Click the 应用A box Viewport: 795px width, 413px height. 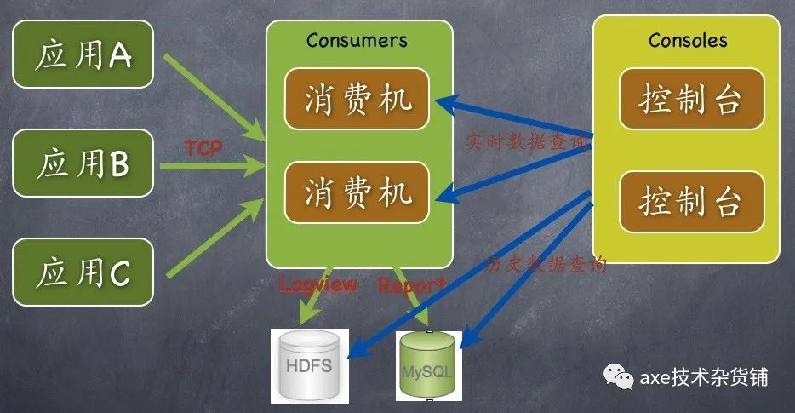pyautogui.click(x=83, y=57)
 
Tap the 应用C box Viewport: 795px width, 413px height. pyautogui.click(x=83, y=272)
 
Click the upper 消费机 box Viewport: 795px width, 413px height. pyautogui.click(x=357, y=100)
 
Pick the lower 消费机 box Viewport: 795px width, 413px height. pyautogui.click(x=357, y=193)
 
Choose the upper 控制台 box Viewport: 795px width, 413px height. pyautogui.click(x=690, y=100)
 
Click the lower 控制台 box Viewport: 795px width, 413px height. pyautogui.click(x=690, y=203)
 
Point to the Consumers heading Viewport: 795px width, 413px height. pyautogui.click(x=357, y=40)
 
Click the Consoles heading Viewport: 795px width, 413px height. pyautogui.click(x=688, y=40)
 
